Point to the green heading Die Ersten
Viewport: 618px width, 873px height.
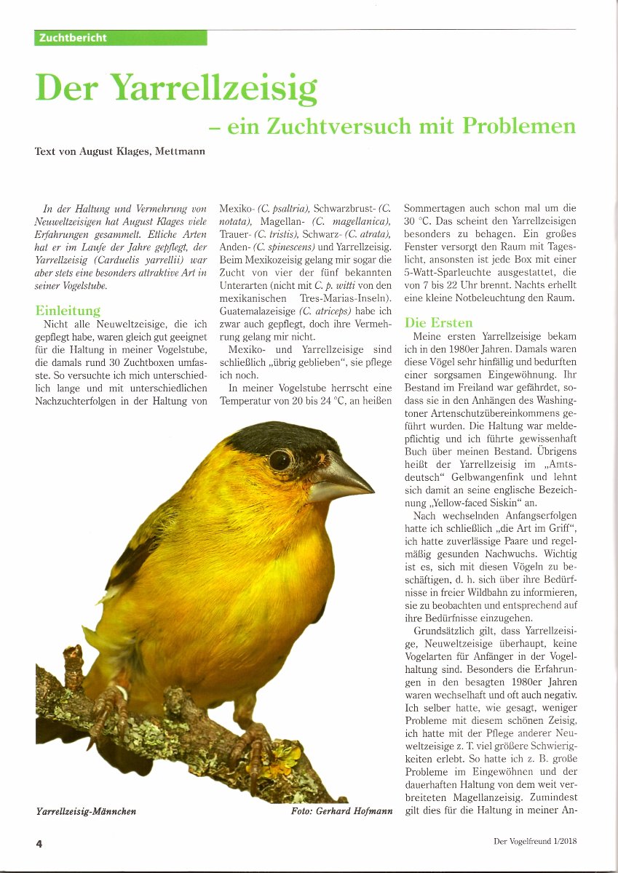(438, 322)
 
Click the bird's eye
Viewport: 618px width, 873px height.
(279, 459)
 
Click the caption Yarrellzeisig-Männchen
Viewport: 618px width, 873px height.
(86, 810)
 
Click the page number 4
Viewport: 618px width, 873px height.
(39, 843)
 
